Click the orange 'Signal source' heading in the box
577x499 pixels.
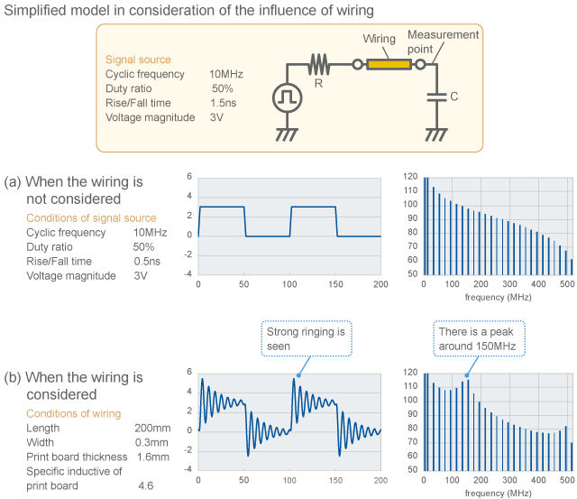click(x=138, y=60)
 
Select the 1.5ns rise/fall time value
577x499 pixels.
click(x=223, y=103)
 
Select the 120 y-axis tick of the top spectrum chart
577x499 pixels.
click(x=410, y=176)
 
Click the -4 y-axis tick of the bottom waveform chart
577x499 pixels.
click(x=188, y=470)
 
